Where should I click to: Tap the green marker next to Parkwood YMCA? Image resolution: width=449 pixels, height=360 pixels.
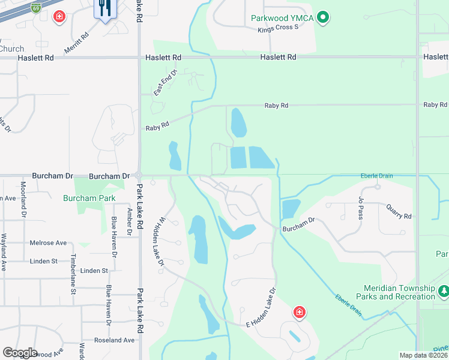pos(323,17)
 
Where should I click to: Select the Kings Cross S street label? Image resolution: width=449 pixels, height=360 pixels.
pos(277,29)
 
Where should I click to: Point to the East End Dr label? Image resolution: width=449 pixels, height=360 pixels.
pos(166,83)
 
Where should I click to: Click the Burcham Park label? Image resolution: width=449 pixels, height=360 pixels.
pos(89,197)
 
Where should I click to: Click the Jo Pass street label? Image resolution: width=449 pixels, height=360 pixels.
pos(361,208)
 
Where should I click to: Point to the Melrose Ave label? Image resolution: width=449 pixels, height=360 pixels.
pos(48,243)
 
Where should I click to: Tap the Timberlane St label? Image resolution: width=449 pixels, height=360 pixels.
pos(74,274)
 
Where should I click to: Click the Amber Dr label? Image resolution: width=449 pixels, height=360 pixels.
pos(129,220)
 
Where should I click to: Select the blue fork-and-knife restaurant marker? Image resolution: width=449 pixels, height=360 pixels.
pos(104,8)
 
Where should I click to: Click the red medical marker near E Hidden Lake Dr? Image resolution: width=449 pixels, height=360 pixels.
pos(299,312)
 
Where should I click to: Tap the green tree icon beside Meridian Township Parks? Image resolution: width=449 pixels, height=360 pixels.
pos(444,292)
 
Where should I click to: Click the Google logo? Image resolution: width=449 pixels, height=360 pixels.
pos(20,353)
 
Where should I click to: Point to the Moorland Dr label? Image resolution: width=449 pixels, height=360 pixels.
pos(24,199)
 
